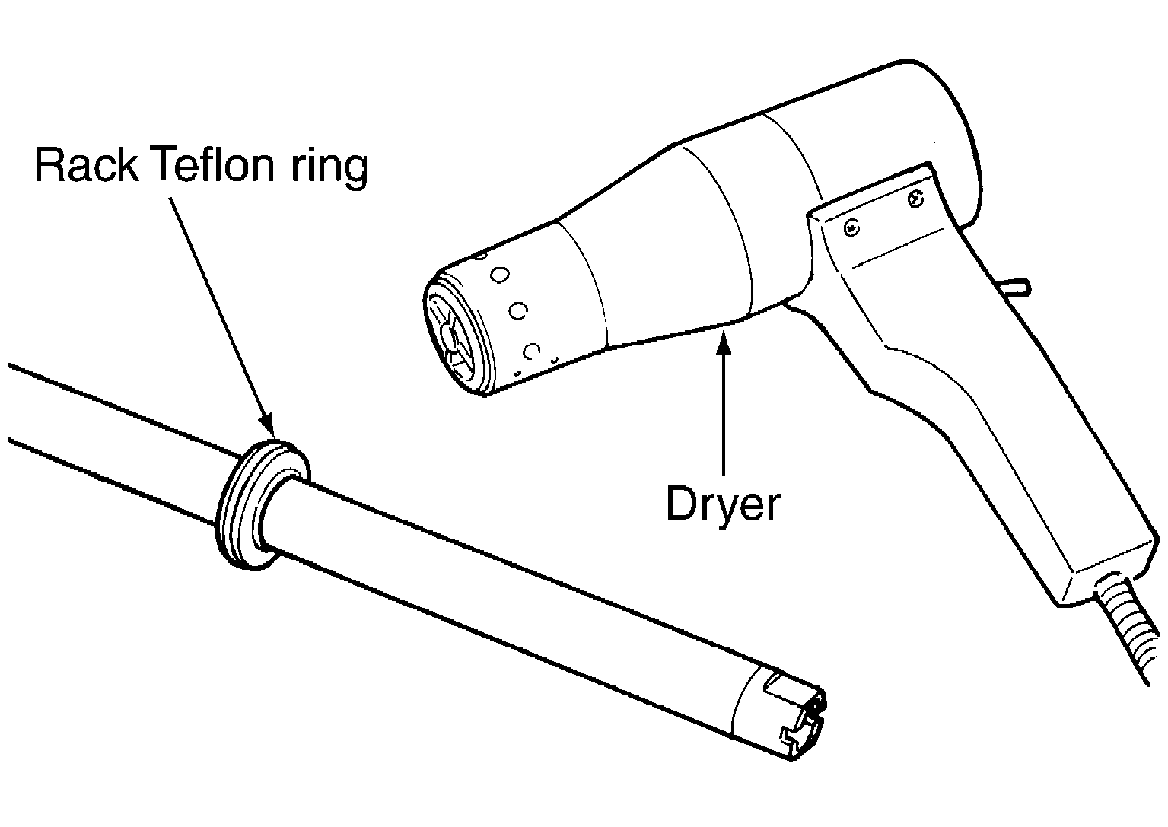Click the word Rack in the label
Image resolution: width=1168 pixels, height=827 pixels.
(x=87, y=165)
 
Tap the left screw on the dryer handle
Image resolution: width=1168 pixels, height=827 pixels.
(x=851, y=228)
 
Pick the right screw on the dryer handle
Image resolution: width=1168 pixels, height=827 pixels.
(x=915, y=199)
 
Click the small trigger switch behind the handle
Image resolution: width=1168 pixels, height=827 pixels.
(x=1017, y=288)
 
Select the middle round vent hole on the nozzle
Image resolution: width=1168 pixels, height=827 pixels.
(x=518, y=311)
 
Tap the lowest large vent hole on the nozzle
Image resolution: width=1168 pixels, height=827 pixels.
(x=531, y=351)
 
